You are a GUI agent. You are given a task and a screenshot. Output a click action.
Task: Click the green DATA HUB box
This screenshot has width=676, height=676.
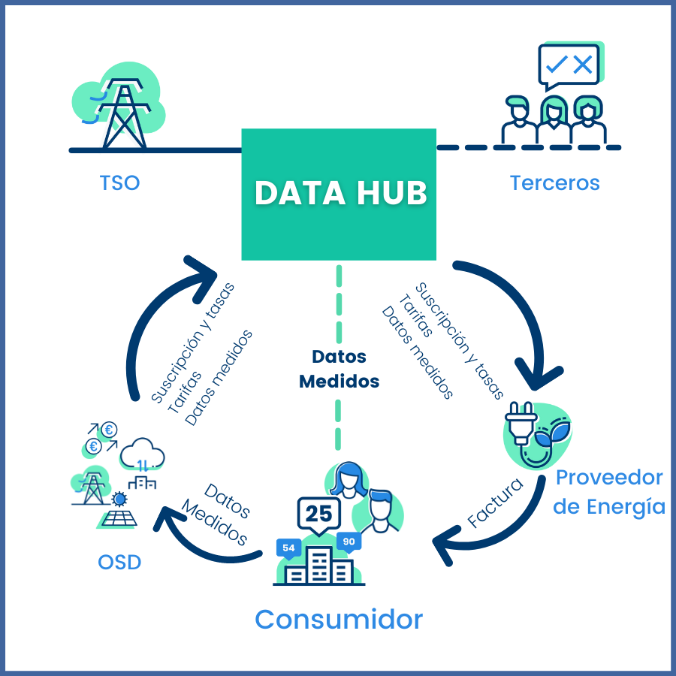tap(339, 195)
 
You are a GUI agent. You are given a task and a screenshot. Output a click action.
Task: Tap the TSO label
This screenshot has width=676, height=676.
tap(120, 183)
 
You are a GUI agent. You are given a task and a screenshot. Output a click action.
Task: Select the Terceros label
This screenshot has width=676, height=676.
tap(555, 183)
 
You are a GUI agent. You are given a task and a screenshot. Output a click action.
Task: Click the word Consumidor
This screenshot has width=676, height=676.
tap(339, 620)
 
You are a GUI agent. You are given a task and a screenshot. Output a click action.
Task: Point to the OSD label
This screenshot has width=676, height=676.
tap(119, 562)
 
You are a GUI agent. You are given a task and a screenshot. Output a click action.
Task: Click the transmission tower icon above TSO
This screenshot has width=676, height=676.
tap(124, 113)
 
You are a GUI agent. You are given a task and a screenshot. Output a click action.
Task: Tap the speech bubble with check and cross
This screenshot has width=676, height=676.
tap(569, 66)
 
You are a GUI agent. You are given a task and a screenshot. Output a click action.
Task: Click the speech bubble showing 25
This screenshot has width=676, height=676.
tap(319, 515)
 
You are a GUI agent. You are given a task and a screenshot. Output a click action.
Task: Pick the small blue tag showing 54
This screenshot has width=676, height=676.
tap(288, 548)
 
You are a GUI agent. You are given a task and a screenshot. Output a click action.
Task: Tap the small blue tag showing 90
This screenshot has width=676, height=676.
tap(349, 542)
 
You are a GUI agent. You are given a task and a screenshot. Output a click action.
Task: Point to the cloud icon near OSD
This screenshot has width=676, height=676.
tap(142, 454)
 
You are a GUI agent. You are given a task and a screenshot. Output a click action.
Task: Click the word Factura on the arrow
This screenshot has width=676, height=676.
tap(495, 502)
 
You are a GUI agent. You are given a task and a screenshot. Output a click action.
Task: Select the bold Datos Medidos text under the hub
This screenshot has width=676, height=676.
tap(339, 369)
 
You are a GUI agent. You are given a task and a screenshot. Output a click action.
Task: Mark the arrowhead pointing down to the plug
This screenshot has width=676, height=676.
tap(538, 376)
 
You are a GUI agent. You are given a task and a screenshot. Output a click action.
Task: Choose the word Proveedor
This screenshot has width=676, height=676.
tap(609, 477)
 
